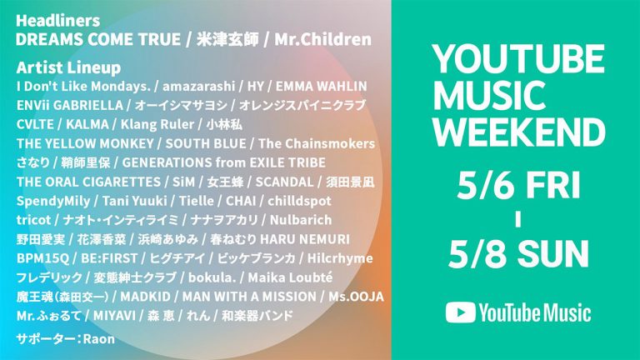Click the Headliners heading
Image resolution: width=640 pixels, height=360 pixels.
coord(57,20)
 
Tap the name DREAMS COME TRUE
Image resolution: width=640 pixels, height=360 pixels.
coord(98,40)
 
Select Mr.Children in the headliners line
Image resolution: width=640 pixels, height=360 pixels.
coord(322,40)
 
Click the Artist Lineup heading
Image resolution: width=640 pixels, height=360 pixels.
coord(68,67)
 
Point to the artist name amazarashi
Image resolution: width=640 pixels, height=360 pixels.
coord(199,87)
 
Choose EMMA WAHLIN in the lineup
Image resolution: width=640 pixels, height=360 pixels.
coord(321,87)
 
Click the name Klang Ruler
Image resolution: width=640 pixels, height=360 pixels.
coord(157,124)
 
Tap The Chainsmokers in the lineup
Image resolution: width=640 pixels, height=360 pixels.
coord(317,143)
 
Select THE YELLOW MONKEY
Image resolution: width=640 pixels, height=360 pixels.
coord(85,143)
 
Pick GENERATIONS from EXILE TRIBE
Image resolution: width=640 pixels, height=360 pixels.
coord(223,162)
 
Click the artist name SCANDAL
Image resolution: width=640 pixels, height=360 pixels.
coord(284,182)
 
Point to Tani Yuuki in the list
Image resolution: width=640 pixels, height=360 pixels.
coord(134,201)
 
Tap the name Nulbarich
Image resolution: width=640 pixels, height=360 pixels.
coord(301,220)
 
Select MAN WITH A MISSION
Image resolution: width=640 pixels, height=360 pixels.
coord(249,297)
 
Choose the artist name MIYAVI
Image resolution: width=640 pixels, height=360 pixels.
coord(114,316)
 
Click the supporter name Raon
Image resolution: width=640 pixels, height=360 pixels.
coord(99,339)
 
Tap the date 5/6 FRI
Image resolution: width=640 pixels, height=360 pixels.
coord(518,185)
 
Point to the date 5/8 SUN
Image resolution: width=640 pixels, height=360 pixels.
coord(518,253)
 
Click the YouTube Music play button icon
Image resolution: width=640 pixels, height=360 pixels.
coord(460,312)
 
